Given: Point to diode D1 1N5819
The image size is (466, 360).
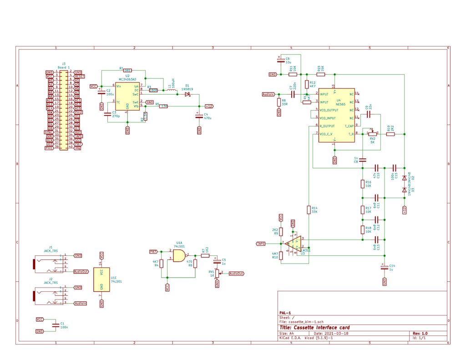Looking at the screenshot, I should pyautogui.click(x=187, y=94).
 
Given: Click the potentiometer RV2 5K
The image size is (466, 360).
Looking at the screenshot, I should pyautogui.click(x=372, y=134).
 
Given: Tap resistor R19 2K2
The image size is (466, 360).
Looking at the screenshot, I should pyautogui.click(x=390, y=134).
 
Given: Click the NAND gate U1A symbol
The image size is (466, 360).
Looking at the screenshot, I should pyautogui.click(x=180, y=256).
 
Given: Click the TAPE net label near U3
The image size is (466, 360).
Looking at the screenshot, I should pyautogui.click(x=261, y=243).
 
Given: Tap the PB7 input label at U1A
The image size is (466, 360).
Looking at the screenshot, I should pyautogui.click(x=153, y=251).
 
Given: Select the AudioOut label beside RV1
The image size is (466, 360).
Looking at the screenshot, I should pyautogui.click(x=236, y=274).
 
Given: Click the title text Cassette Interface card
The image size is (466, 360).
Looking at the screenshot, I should pyautogui.click(x=314, y=328).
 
